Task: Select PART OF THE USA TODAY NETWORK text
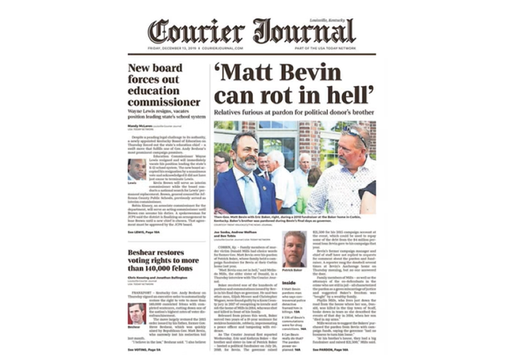343,47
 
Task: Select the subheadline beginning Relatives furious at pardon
296,114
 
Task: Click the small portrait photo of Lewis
137,169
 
